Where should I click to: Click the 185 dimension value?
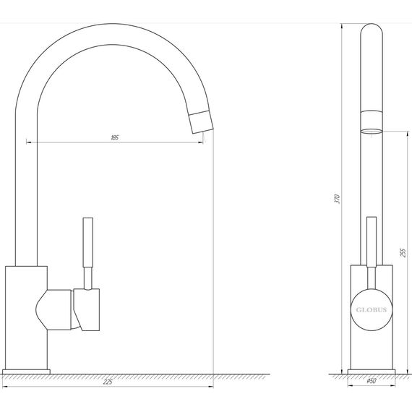pos(116,137)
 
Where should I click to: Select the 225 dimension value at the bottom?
pos(108,382)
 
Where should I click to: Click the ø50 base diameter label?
pos(372,382)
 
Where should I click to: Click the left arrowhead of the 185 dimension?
pos(30,142)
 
